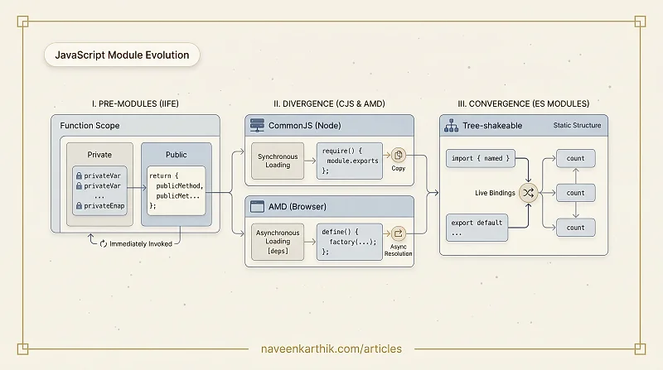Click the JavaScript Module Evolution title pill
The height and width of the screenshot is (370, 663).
122,55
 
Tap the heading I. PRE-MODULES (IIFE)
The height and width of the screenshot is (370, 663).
135,104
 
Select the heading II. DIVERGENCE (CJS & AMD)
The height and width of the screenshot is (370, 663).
329,104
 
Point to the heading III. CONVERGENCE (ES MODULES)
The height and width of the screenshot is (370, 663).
524,104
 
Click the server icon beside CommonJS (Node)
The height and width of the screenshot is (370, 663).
257,125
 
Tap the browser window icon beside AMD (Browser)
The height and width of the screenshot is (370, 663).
257,207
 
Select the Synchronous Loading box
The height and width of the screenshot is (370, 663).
278,161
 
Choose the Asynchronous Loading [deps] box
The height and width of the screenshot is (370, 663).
278,242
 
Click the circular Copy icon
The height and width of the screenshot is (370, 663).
398,156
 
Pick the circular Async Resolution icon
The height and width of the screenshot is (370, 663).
398,233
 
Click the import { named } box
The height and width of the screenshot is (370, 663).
481,158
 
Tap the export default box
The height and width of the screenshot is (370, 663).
477,228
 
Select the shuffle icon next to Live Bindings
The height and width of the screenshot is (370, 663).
528,193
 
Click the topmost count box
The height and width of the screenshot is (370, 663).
575,158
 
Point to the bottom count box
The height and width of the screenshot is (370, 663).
575,228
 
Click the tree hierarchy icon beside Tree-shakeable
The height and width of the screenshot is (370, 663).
451,126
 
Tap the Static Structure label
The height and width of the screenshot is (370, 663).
577,126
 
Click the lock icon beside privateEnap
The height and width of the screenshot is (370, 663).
79,206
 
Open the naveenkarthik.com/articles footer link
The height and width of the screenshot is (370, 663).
331,348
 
